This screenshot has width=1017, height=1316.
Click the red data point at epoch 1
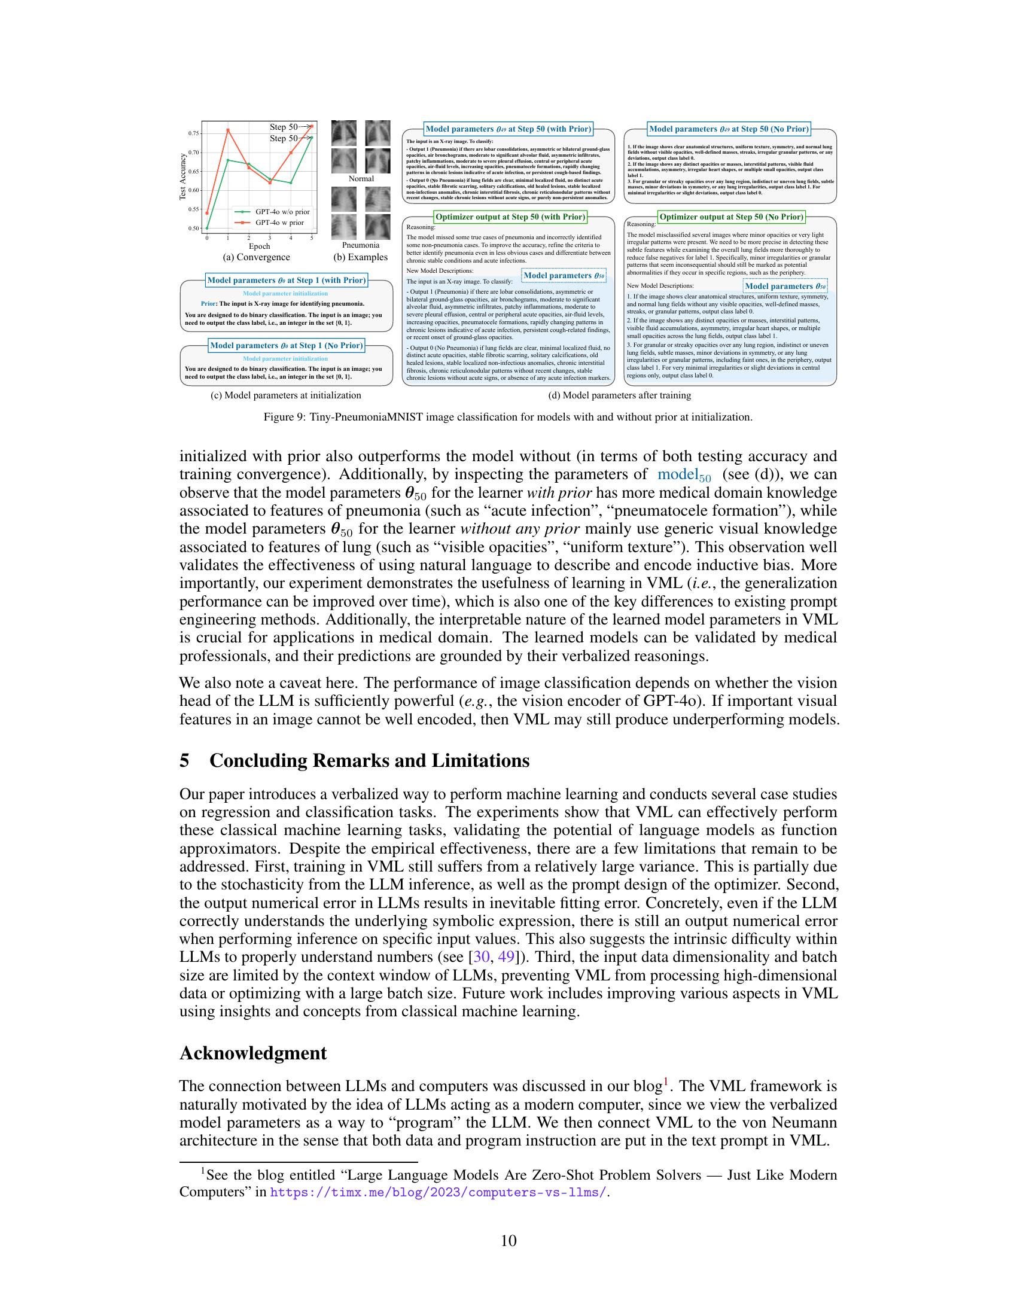[228, 130]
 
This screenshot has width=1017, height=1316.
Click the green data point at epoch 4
[291, 182]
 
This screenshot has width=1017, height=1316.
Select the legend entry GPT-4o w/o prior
[282, 212]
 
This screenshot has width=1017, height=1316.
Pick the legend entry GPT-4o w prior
[279, 223]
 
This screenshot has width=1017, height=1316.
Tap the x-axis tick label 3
[269, 238]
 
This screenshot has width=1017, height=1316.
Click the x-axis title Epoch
[259, 246]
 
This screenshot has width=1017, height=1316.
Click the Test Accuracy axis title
[182, 176]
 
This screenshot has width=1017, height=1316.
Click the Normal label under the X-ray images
[361, 179]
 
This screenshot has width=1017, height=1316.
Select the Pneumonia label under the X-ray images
[360, 245]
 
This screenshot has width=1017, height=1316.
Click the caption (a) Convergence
[256, 257]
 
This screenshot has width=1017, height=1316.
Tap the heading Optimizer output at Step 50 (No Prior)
[731, 217]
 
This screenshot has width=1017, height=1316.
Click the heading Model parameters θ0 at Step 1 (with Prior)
[286, 280]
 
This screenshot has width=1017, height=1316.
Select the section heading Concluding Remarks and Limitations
[369, 761]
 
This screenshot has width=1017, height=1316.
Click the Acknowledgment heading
[253, 1053]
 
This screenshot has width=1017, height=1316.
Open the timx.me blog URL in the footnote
[438, 1192]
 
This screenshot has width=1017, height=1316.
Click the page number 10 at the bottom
[508, 1241]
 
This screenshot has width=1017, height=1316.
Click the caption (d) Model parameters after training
[619, 395]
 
